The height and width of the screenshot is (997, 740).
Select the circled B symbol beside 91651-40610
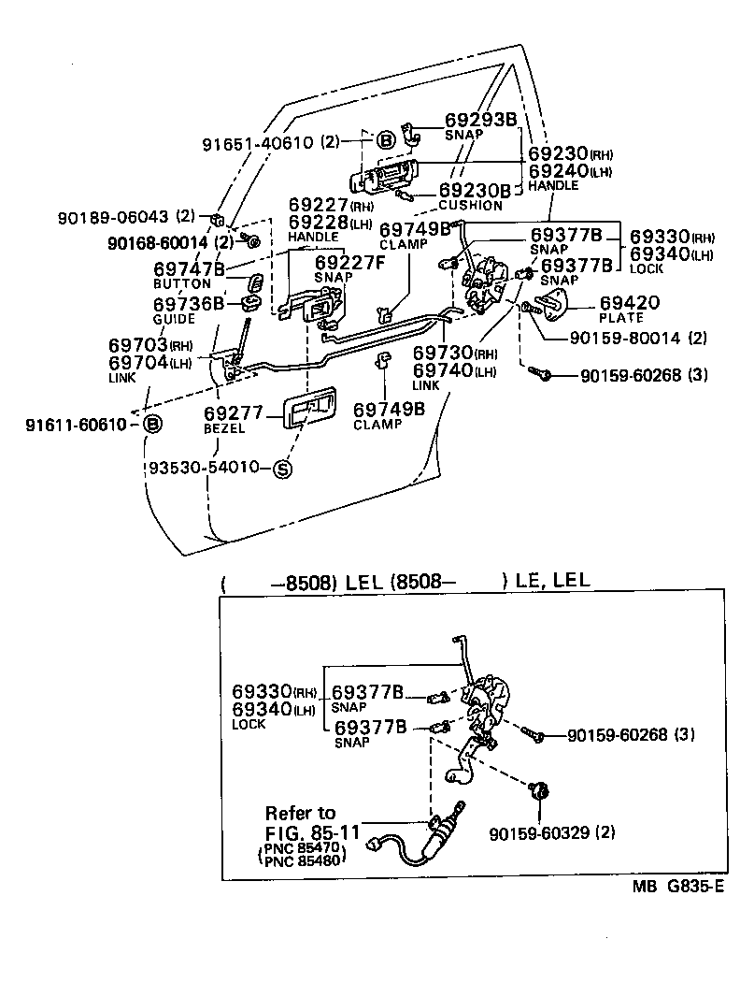(x=387, y=141)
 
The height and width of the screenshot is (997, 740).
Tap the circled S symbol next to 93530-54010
(x=281, y=469)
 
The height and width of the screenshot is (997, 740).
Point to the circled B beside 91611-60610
(x=155, y=425)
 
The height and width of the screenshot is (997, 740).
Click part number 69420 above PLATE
(x=629, y=303)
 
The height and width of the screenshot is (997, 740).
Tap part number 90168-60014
(x=157, y=242)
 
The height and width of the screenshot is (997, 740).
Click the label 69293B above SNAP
(x=479, y=120)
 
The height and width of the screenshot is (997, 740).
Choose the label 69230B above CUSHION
(x=475, y=191)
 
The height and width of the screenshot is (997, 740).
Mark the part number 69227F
(x=349, y=263)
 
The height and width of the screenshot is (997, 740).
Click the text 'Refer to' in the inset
(x=300, y=812)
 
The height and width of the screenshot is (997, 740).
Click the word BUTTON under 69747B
(x=182, y=283)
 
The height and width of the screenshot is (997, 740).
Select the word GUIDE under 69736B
(x=175, y=319)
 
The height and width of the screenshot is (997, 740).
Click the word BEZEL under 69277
(x=224, y=428)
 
